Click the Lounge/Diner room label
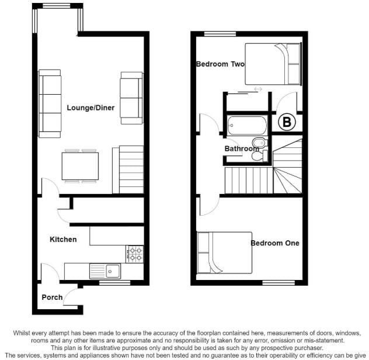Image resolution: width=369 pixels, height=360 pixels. pos(90,108)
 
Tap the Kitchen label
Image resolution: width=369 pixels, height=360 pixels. pos(63,240)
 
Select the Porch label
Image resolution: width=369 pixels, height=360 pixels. pos(52,297)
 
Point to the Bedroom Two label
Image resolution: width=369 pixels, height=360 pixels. pos(220,64)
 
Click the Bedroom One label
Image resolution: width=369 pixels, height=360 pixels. pos(275,243)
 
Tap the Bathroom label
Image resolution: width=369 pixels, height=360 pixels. pos(242,148)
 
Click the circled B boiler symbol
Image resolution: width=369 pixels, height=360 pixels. pos(287,122)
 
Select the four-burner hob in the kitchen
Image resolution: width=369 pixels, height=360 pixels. pos(134,254)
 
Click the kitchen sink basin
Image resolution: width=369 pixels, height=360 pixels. pos(113,271)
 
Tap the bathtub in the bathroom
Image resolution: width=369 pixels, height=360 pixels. pos(247,125)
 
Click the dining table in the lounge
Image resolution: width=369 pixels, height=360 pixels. pos(80,166)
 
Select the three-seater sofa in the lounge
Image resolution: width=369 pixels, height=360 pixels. pos(50,103)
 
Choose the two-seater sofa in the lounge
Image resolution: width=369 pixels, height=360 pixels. pos(131,98)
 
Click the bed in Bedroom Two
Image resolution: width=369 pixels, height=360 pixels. pos(273,64)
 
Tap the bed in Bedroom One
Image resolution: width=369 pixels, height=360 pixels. pos(224,253)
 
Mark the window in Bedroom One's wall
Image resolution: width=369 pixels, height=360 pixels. pos(279,283)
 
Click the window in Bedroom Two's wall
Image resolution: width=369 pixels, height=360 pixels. pos(220,34)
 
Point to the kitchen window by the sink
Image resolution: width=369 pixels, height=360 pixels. pos(114,283)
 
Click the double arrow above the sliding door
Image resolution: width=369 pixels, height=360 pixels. pos(258,89)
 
